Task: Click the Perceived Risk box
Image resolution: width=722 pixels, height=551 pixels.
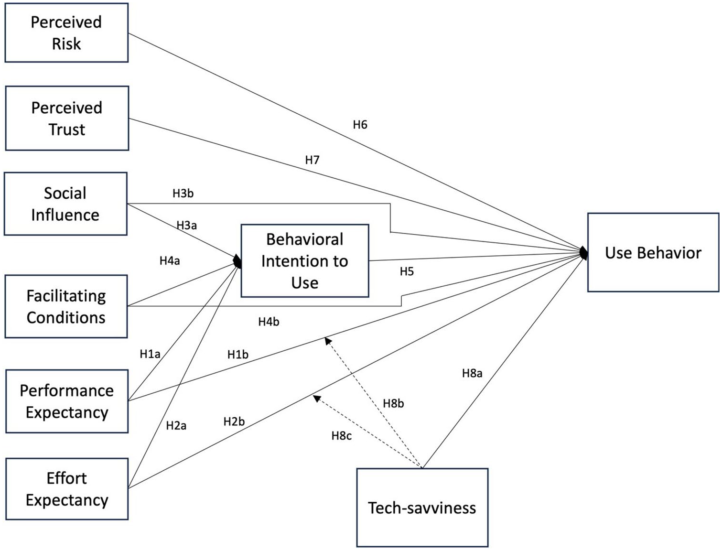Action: tap(66, 32)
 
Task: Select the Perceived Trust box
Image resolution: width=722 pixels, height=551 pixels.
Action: tap(67, 119)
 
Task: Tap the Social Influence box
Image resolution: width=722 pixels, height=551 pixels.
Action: tap(66, 204)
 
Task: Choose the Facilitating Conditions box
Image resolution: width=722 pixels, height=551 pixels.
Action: tap(66, 307)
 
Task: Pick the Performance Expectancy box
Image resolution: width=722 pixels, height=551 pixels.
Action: tap(67, 401)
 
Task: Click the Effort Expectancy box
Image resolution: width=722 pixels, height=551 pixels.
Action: tap(67, 489)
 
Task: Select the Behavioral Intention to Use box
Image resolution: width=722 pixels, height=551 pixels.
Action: tap(305, 261)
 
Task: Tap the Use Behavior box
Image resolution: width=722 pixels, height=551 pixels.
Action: tap(653, 252)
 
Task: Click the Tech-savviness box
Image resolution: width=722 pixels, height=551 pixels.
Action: tap(422, 508)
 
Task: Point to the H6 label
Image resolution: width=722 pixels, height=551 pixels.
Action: tap(360, 125)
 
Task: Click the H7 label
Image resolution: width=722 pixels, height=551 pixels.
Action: tap(312, 160)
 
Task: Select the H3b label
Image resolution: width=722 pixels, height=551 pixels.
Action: tap(183, 194)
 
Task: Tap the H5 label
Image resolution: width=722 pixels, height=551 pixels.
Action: tap(407, 271)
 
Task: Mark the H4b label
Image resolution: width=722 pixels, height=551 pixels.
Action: tap(269, 322)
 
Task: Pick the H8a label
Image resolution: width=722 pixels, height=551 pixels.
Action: tap(472, 373)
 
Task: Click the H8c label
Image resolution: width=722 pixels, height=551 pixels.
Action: tap(342, 436)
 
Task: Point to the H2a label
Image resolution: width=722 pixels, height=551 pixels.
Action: tap(176, 426)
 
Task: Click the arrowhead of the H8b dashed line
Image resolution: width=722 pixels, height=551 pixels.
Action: tap(328, 341)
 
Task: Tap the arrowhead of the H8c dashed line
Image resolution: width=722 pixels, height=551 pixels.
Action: tap(316, 399)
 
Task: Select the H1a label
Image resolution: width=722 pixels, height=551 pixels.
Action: tap(150, 354)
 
